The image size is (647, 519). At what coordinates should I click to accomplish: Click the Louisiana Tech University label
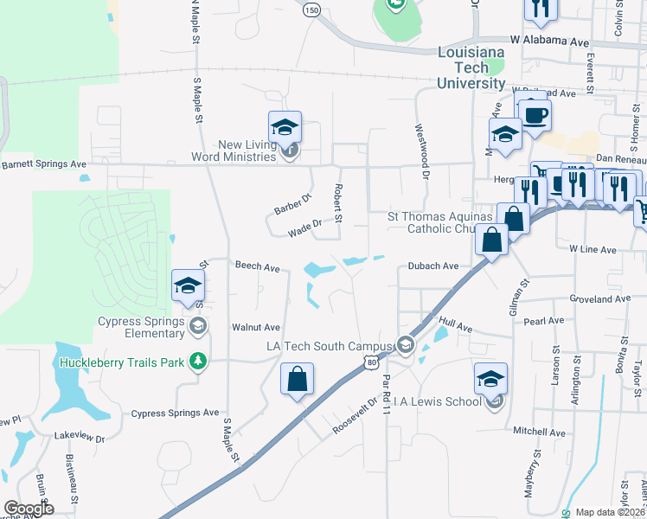pyautogui.click(x=471, y=68)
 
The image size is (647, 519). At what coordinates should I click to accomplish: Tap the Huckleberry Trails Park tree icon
pyautogui.click(x=199, y=362)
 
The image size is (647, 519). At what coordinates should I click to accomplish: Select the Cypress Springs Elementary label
pyautogui.click(x=141, y=327)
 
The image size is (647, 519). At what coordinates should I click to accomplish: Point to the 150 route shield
pyautogui.click(x=312, y=10)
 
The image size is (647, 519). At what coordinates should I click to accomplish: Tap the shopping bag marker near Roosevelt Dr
pyautogui.click(x=297, y=380)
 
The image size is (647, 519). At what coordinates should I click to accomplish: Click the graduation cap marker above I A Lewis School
pyautogui.click(x=490, y=379)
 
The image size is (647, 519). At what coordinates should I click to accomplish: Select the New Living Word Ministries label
pyautogui.click(x=235, y=151)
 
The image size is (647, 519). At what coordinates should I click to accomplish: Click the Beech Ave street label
pyautogui.click(x=258, y=267)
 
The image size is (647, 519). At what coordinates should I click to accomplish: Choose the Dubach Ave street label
pyautogui.click(x=433, y=266)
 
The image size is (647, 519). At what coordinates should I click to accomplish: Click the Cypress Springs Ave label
pyautogui.click(x=176, y=413)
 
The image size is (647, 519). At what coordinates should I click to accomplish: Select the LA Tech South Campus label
pyautogui.click(x=329, y=346)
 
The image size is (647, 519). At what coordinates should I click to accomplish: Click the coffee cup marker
pyautogui.click(x=535, y=117)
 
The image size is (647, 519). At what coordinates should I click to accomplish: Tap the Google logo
pyautogui.click(x=29, y=509)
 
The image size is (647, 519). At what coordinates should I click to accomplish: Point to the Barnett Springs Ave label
pyautogui.click(x=44, y=163)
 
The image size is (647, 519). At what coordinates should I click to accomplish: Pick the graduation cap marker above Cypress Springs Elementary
pyautogui.click(x=188, y=287)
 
